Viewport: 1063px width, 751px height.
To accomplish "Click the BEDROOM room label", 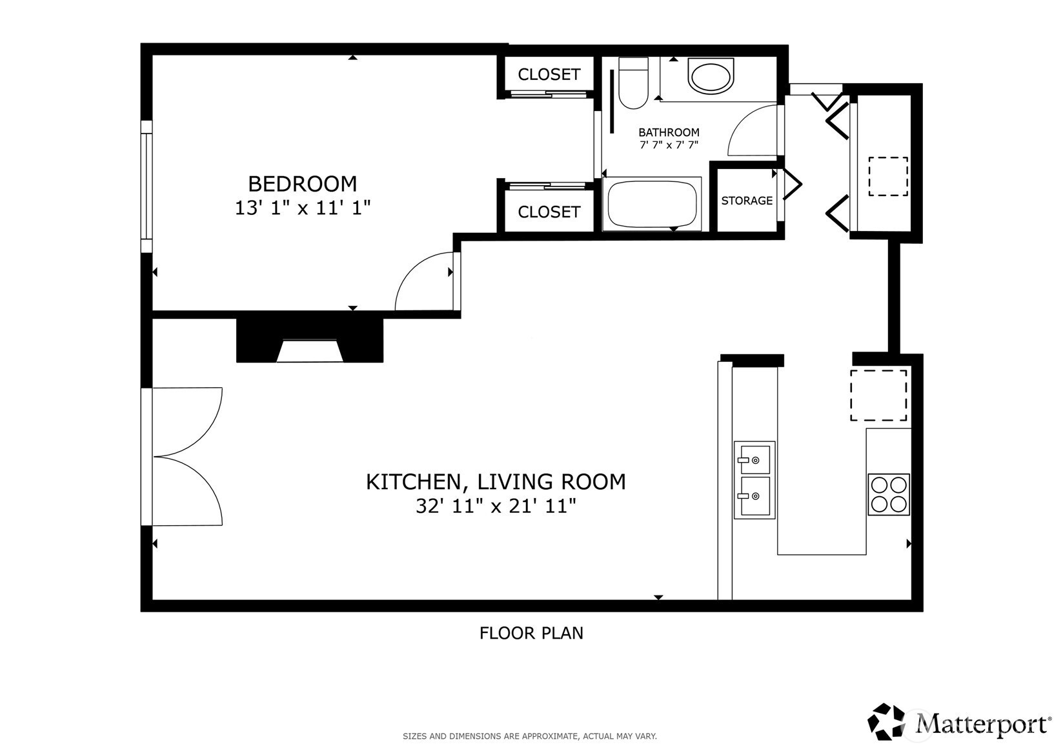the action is click(x=302, y=184).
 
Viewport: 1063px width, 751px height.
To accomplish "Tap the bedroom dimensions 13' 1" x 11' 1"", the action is click(x=302, y=208).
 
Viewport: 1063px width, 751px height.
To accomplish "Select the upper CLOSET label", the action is click(x=549, y=74).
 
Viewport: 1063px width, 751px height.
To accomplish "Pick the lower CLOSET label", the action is click(x=549, y=212).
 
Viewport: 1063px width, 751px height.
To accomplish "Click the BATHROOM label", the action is click(x=669, y=132).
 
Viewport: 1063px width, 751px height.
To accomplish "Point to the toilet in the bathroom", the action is click(x=633, y=83).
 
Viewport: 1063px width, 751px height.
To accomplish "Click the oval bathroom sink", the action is click(x=711, y=76).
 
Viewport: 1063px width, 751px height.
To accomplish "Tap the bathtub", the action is click(x=652, y=204).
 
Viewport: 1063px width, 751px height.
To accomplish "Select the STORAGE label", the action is click(x=747, y=201).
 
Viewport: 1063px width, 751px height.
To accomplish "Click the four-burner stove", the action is click(x=888, y=494).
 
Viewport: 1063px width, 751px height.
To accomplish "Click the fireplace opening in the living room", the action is click(x=310, y=350).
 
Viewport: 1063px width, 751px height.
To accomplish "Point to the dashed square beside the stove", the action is click(x=878, y=396).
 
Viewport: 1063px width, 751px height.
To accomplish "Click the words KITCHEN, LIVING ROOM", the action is click(x=496, y=481).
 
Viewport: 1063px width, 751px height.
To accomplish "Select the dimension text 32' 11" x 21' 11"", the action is click(x=496, y=506).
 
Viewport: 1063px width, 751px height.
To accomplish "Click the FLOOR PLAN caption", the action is click(x=531, y=633).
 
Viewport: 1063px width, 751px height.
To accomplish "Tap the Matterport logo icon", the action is click(x=886, y=721).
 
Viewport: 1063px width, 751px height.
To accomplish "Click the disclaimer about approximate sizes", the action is click(x=530, y=736).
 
